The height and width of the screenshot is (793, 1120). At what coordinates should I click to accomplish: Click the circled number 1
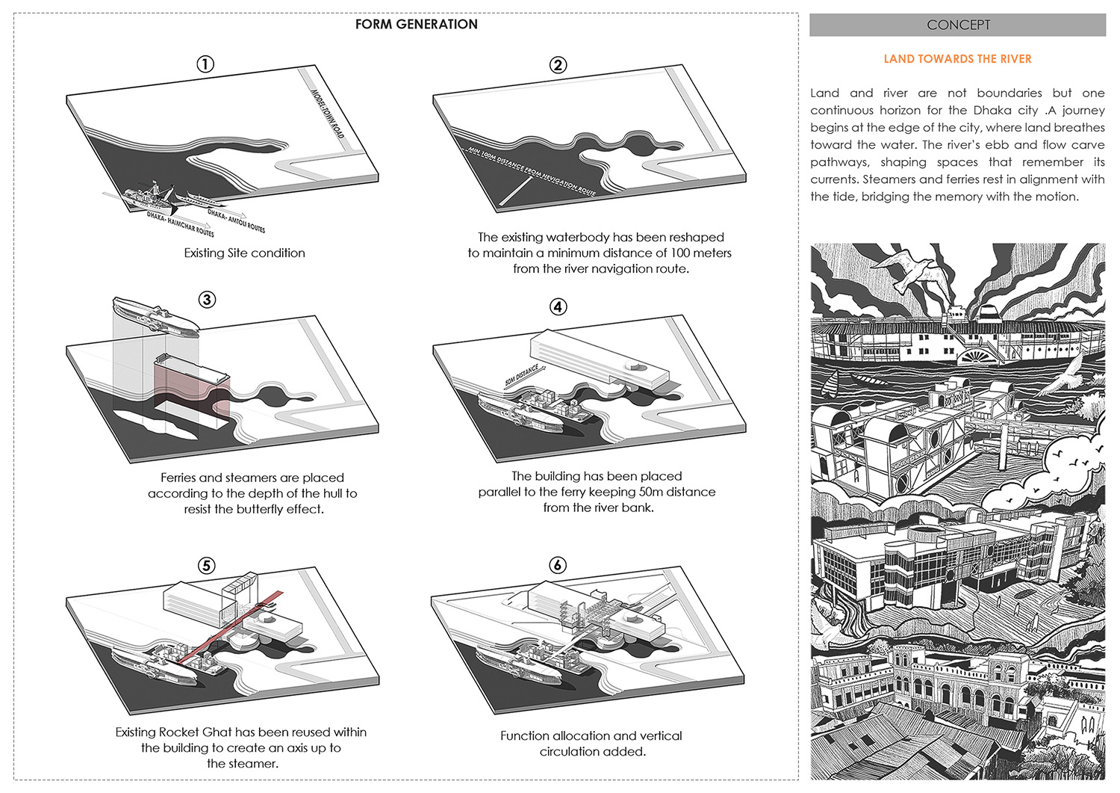pos(205,64)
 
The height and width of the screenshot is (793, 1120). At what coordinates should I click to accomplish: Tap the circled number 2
pos(558,65)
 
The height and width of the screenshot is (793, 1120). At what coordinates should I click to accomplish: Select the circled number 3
pos(207,300)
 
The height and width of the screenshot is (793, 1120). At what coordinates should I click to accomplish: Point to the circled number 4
pos(558,306)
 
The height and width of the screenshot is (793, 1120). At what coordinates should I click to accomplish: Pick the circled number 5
pos(206,566)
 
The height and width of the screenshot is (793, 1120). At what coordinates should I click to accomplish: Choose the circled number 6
pos(557,565)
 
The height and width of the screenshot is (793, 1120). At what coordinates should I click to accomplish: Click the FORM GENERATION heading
pos(416,25)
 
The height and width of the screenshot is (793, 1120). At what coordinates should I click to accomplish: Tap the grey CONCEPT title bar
pos(957,25)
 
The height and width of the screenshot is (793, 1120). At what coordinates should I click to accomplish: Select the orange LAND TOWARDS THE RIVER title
pos(957,59)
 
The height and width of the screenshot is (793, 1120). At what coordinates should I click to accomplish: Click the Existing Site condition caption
pos(244,253)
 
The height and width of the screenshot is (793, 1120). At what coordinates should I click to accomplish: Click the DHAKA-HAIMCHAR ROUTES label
pos(180,224)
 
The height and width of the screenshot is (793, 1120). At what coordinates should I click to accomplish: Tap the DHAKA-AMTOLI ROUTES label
pos(236,221)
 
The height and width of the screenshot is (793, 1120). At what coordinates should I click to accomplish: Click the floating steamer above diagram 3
pos(155,316)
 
